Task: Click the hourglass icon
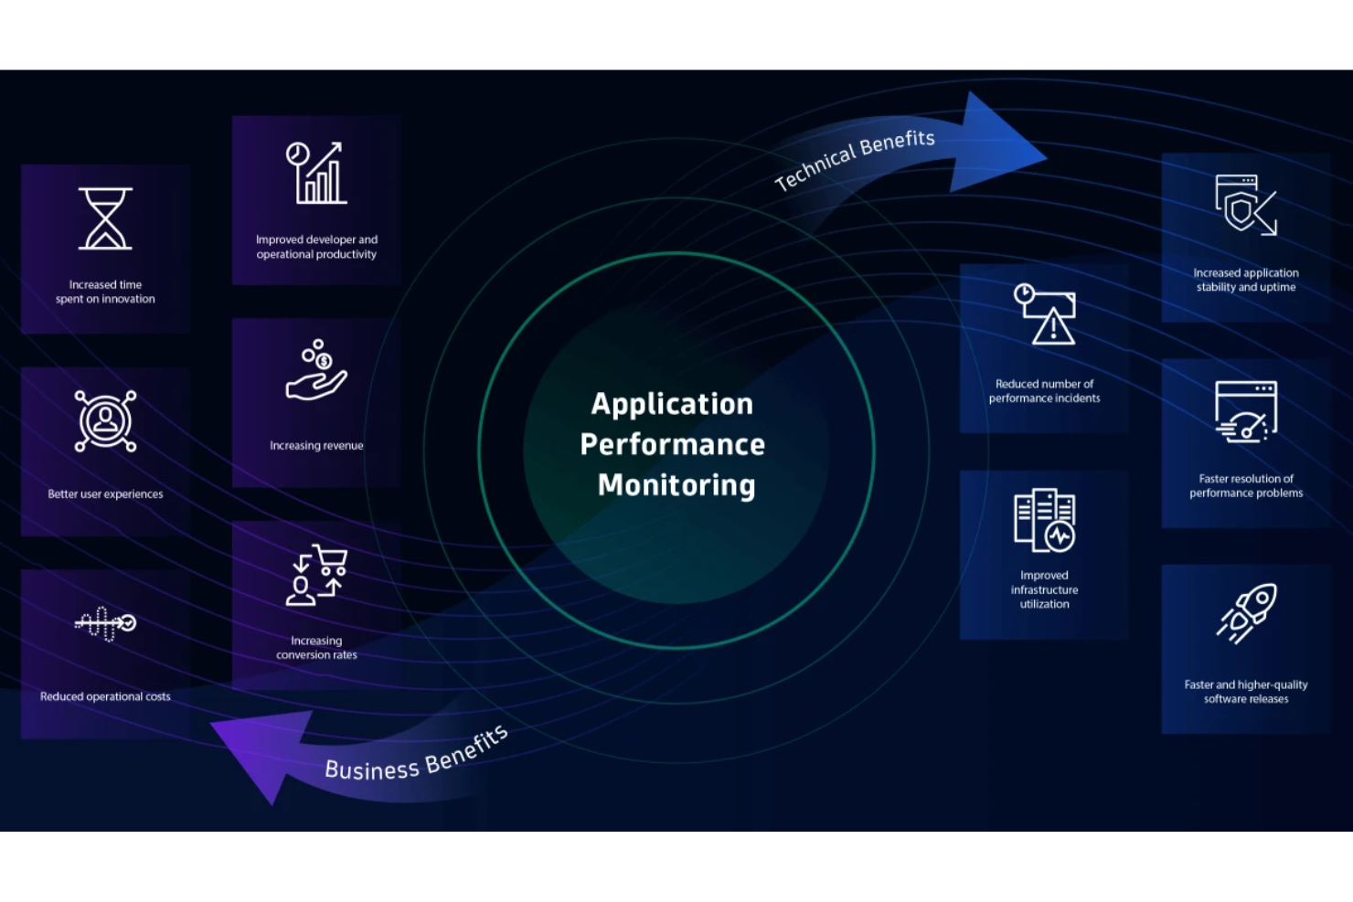point(105,219)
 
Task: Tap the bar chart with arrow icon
point(316,173)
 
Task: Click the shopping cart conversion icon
point(316,575)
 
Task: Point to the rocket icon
point(1246,613)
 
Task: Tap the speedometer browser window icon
point(1246,412)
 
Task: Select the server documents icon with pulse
point(1044,520)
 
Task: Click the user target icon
point(105,421)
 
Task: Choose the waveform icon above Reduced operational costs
point(105,624)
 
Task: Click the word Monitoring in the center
point(676,485)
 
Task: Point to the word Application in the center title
point(672,404)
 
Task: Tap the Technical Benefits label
point(855,160)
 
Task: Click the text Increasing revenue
point(316,446)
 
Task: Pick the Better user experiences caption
point(105,494)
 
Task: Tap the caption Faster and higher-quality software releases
point(1246,692)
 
